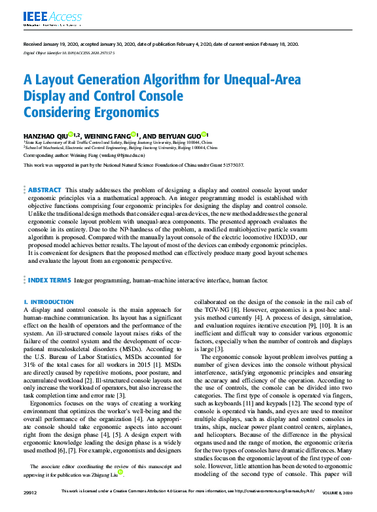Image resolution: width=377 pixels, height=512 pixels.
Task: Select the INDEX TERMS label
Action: click(49, 280)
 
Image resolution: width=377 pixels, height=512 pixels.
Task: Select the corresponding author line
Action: click(84, 156)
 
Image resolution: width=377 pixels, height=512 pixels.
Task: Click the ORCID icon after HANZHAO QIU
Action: click(70, 133)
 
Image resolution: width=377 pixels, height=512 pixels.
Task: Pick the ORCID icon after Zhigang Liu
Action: click(120, 471)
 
